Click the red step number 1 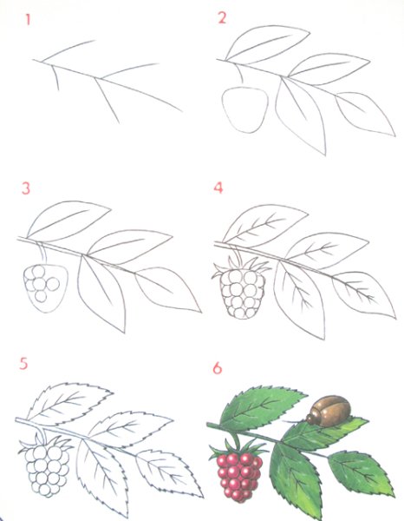click(29, 20)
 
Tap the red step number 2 click(222, 17)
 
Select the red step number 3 click(26, 188)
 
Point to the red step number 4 click(218, 188)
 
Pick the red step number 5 click(23, 364)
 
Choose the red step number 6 click(218, 368)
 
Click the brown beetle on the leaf click(329, 411)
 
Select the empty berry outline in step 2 click(245, 110)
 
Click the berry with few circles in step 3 click(45, 288)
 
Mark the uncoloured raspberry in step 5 click(48, 470)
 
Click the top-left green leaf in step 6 click(262, 406)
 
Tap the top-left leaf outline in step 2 click(267, 44)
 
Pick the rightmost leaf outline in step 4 click(364, 294)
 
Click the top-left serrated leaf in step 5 click(69, 402)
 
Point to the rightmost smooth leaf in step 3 click(167, 289)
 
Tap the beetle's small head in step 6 click(311, 418)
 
